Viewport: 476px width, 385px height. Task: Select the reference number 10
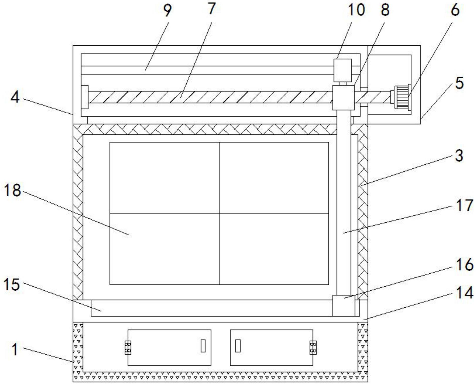pos(356,10)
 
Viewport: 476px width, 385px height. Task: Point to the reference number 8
pos(385,10)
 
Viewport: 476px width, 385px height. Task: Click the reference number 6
pos(455,10)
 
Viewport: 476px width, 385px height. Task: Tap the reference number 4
pos(15,97)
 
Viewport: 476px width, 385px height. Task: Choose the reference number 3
pos(459,155)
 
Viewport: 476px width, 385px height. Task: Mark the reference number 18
pos(12,190)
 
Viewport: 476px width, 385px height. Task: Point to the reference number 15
pos(12,284)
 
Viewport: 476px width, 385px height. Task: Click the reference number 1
pos(15,349)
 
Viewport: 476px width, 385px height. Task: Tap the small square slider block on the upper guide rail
pos(343,70)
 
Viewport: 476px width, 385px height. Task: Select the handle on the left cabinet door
pos(203,346)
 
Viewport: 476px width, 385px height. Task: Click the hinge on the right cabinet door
pos(313,347)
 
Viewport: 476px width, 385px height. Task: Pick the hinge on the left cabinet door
pos(128,347)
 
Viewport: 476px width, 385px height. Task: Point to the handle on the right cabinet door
pos(238,346)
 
